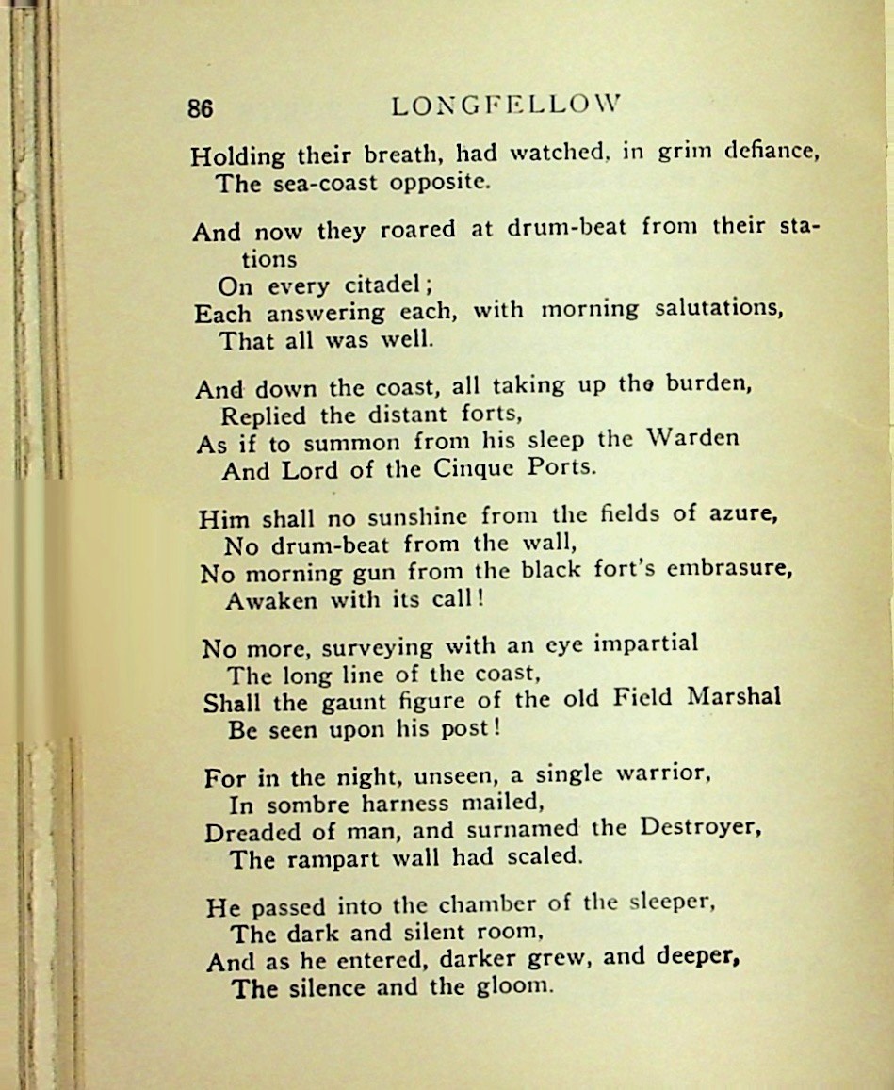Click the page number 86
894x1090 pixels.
coord(200,108)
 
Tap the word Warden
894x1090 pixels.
coord(692,438)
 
